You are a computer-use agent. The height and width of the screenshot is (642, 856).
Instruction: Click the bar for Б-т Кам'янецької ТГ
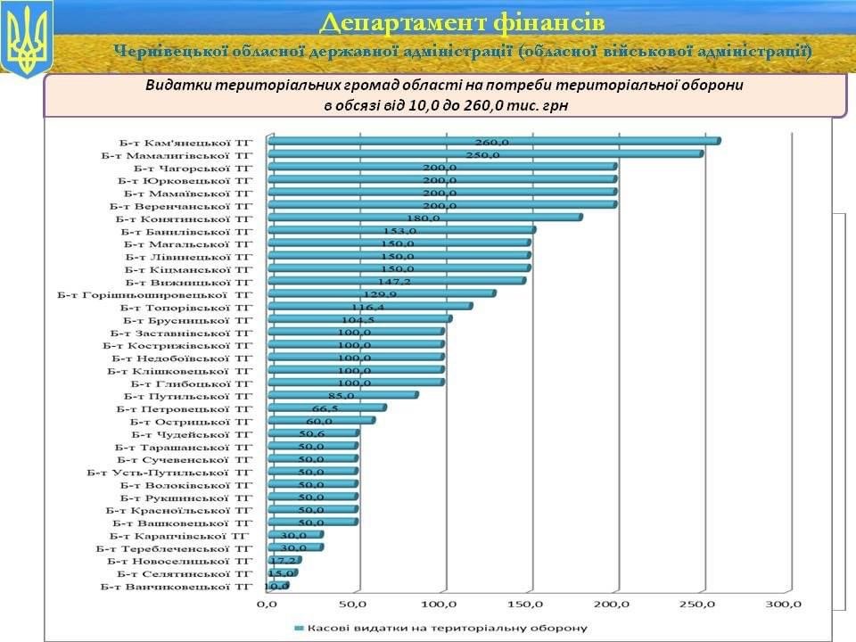tap(493, 141)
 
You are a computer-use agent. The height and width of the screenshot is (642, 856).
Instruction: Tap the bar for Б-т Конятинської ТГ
tap(424, 217)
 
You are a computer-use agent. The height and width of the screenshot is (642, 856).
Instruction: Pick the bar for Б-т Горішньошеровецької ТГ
tap(381, 293)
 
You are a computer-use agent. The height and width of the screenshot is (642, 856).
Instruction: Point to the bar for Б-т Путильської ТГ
tap(342, 395)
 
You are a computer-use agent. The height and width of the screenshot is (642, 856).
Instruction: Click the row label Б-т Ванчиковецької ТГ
tap(177, 586)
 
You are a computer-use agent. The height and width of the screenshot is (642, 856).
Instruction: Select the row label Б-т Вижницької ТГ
tap(189, 281)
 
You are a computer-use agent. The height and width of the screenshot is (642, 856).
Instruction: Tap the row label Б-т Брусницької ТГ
tap(188, 319)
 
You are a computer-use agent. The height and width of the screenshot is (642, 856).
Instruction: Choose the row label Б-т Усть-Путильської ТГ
tap(170, 472)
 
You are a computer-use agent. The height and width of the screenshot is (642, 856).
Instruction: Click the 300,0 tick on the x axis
tap(785, 605)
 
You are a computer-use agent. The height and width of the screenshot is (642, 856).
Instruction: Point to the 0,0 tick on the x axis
tap(267, 605)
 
